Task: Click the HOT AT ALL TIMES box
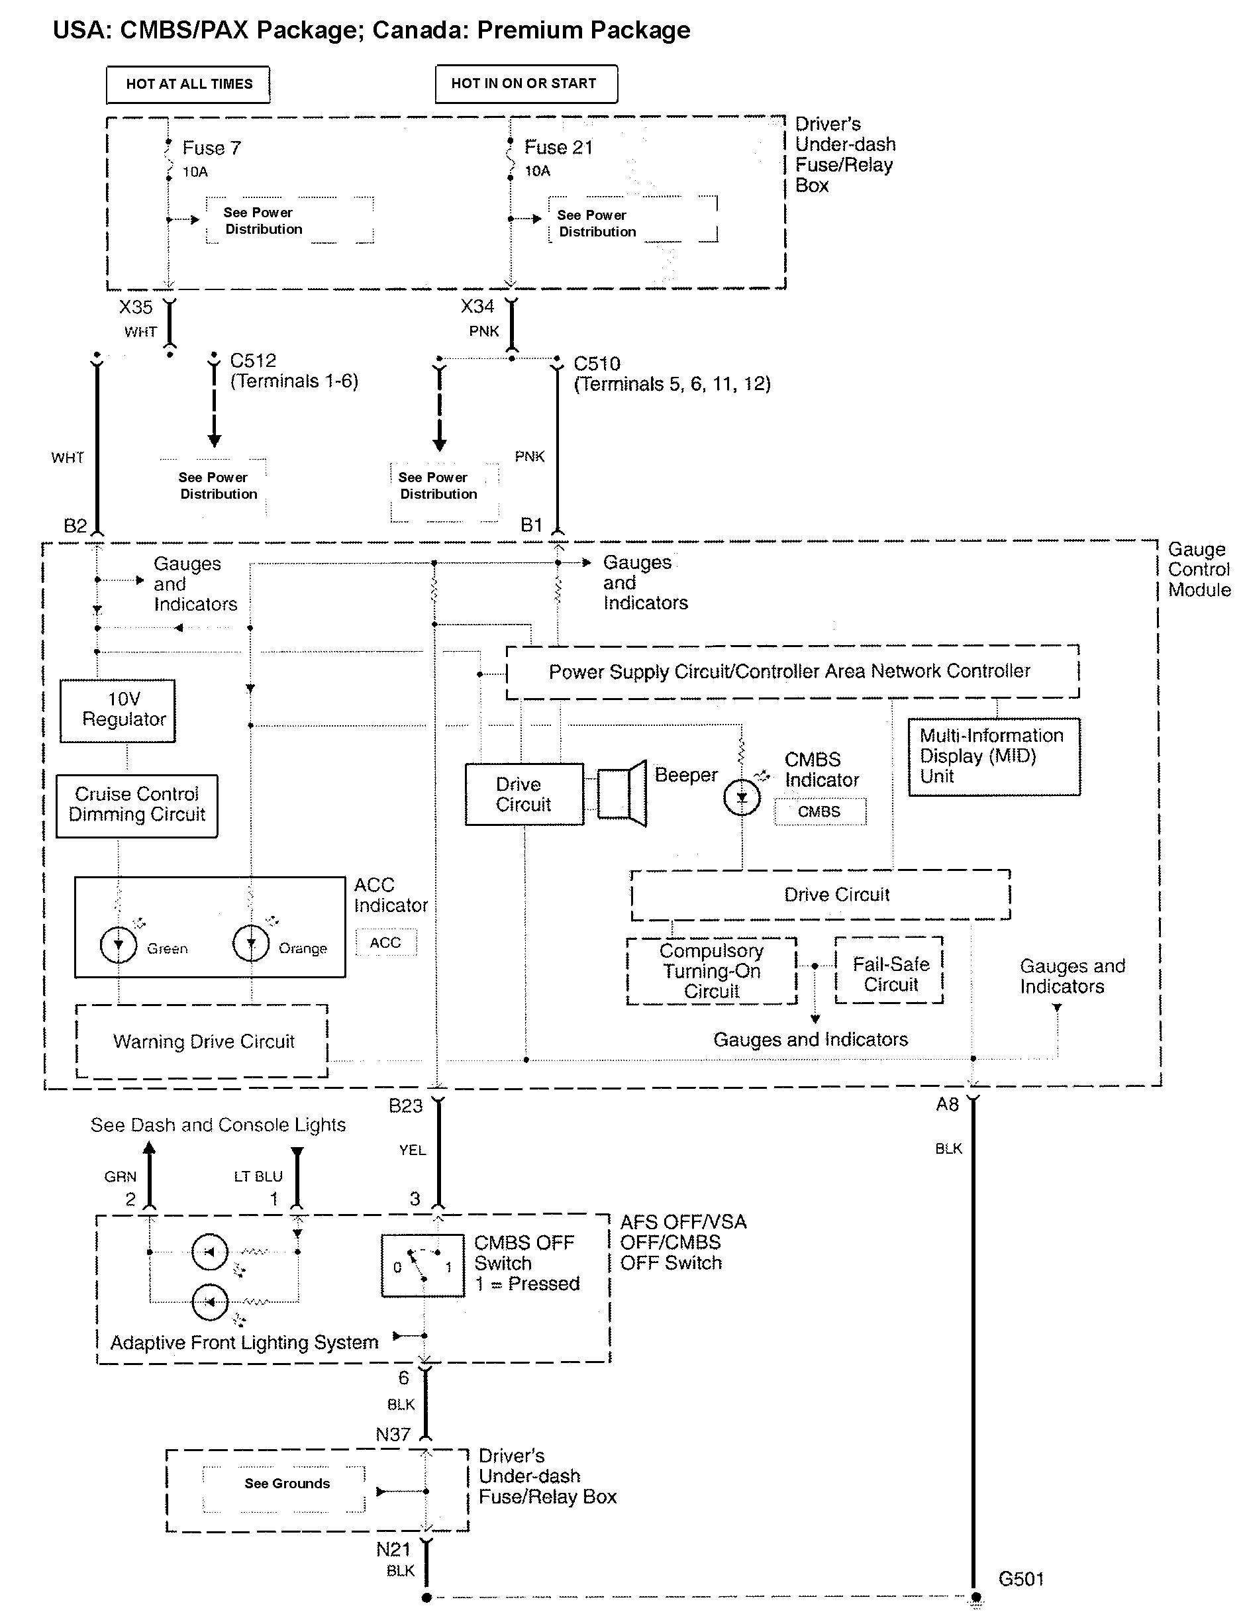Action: pos(188,83)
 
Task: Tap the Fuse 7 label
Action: pos(211,148)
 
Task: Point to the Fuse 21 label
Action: pos(558,148)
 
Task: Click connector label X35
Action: pos(136,307)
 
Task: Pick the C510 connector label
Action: pos(597,364)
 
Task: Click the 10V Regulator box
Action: pos(118,710)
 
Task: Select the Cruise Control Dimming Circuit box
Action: pos(137,805)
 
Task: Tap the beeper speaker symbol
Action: pos(622,793)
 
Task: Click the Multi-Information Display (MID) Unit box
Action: pos(994,756)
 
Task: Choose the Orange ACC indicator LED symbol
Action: pos(250,943)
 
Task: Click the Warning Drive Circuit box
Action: pos(203,1041)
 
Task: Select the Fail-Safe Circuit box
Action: pos(889,970)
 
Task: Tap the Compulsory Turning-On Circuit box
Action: pos(711,971)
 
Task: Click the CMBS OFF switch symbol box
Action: pos(423,1265)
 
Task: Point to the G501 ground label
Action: pos(1021,1579)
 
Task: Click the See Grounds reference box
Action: pos(285,1483)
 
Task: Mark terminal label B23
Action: pos(405,1106)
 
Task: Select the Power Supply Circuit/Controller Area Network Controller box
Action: pos(791,672)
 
